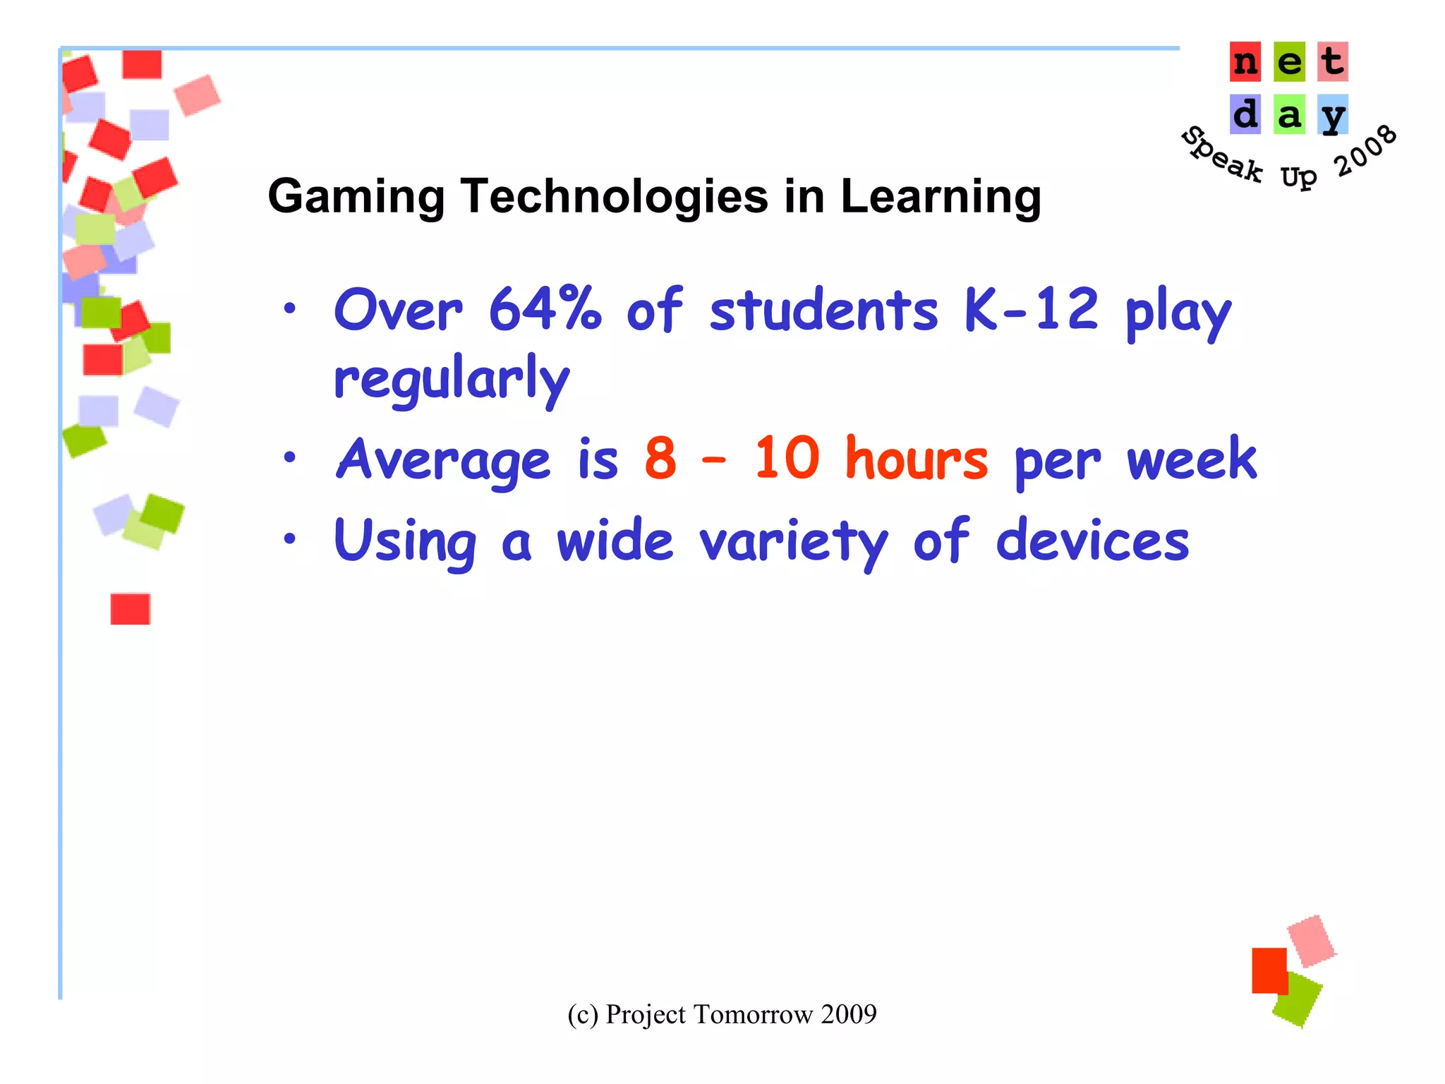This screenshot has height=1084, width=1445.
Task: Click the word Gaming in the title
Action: coord(356,197)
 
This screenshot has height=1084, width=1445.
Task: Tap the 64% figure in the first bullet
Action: coord(545,310)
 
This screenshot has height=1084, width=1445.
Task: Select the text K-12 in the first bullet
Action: coord(1031,310)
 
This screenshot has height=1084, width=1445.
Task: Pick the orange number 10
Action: coord(787,459)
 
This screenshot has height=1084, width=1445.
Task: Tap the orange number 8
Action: coord(660,459)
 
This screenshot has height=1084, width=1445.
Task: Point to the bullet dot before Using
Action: coord(289,539)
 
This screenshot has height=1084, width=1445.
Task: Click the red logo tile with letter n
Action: coord(1245,62)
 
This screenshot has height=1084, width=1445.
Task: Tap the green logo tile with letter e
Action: coord(1289,62)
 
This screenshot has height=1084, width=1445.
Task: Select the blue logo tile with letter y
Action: coord(1332,115)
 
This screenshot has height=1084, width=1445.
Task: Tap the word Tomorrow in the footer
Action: coord(754,1014)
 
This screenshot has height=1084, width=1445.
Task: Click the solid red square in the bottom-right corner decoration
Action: coord(1269,970)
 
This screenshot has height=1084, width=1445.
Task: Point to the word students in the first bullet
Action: coord(823,310)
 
